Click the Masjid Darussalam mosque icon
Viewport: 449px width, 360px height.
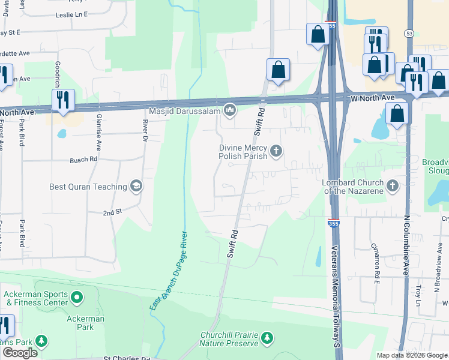230,110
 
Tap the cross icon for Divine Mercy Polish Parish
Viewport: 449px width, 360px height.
276,150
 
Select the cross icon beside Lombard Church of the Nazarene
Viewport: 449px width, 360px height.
393,185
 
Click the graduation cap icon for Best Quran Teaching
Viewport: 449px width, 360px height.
136,186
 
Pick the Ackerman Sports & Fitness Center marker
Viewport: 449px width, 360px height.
77,297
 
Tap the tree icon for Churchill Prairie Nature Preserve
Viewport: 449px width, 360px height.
268,338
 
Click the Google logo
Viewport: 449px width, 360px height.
20,353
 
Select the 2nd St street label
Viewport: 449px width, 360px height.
112,212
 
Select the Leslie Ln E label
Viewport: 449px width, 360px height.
71,13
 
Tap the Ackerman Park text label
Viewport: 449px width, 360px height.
86,323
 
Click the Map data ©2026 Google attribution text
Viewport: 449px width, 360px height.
411,355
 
